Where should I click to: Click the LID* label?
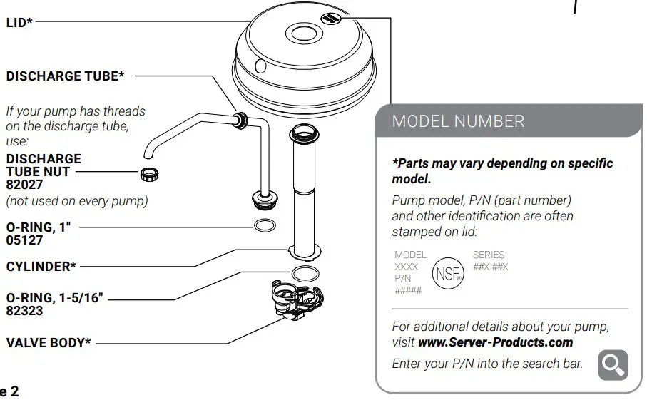coord(19,23)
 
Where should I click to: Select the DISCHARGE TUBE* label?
coord(65,76)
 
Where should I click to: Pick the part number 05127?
coord(24,240)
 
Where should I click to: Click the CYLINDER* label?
coord(41,267)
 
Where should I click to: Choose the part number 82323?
coord(24,310)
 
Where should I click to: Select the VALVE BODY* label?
coord(48,342)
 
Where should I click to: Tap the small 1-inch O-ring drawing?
coord(265,227)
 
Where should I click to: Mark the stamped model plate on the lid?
coord(330,19)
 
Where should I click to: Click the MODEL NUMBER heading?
coord(458,121)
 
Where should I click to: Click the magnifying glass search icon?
coord(613,364)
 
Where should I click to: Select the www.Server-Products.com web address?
coord(495,342)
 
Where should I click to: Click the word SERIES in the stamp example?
coord(489,255)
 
